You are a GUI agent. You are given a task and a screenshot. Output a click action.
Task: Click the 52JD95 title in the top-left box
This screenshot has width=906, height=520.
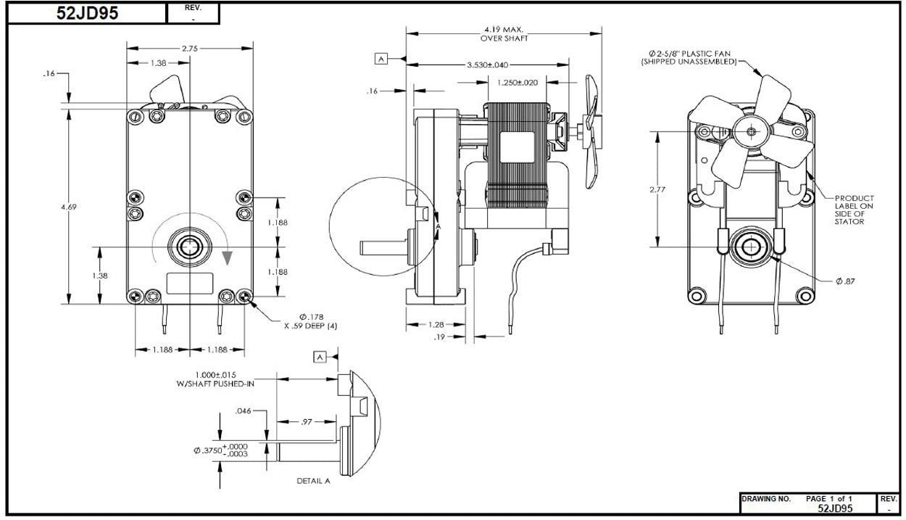click(x=87, y=13)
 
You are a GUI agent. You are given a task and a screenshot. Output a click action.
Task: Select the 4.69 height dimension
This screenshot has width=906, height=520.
click(x=69, y=207)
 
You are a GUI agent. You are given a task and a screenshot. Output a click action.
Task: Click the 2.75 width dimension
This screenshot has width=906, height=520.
click(x=190, y=49)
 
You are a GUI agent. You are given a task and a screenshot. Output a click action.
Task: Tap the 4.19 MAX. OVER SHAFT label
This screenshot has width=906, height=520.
click(x=504, y=34)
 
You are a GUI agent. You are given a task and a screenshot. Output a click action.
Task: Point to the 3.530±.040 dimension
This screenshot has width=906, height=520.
click(x=487, y=65)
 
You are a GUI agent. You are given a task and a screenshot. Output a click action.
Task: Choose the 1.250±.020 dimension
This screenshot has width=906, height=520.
click(x=518, y=83)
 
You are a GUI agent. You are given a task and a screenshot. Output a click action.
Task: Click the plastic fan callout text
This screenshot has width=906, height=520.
click(x=689, y=57)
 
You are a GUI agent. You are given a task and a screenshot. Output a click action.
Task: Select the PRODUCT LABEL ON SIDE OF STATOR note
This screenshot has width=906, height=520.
click(x=855, y=210)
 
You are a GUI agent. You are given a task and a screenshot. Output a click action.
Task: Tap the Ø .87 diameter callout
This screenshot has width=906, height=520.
click(x=845, y=281)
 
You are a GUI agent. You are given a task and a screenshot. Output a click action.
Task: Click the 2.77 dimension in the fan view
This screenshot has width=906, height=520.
click(x=657, y=189)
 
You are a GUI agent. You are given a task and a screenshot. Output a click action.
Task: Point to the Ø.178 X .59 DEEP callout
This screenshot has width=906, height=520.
click(x=311, y=321)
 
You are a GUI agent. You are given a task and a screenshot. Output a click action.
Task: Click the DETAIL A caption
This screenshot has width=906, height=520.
click(x=313, y=481)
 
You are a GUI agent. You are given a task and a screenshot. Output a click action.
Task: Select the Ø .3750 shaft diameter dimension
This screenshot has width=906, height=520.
click(x=221, y=450)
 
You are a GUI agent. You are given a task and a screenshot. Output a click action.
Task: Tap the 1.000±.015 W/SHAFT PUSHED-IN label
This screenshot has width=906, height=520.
click(x=215, y=379)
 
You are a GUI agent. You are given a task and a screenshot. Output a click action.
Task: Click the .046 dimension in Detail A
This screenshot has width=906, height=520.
click(x=243, y=410)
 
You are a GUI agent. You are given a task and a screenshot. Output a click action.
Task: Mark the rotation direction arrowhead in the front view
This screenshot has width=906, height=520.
click(x=228, y=257)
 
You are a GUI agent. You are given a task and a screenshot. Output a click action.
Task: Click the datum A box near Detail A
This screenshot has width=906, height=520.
click(x=320, y=357)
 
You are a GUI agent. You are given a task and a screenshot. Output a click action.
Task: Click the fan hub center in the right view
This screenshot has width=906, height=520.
click(x=752, y=131)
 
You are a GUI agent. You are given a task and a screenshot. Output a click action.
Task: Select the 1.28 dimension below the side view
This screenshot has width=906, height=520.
click(x=436, y=324)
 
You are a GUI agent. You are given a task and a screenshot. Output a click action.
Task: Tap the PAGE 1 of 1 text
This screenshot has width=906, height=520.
click(x=828, y=498)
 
